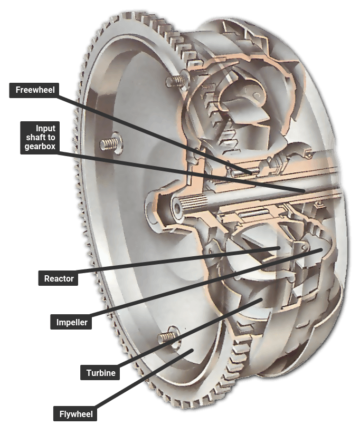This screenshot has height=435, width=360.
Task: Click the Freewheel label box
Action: click(34, 90)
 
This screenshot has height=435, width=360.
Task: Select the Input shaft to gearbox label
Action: click(40, 138)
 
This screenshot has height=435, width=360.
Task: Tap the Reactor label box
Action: click(58, 278)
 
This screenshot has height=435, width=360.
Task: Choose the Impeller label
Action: click(71, 322)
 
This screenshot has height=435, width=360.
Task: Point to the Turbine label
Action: click(100, 373)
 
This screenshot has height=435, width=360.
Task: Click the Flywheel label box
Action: click(75, 414)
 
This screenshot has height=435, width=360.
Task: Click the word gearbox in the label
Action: click(40, 146)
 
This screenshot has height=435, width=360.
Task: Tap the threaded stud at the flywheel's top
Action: click(176, 81)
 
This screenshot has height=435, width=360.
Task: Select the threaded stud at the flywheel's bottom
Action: click(167, 336)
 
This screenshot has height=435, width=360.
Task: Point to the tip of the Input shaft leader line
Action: click(304, 191)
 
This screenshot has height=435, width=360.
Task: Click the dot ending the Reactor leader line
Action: click(278, 248)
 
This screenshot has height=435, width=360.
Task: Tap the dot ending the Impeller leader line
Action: click(321, 250)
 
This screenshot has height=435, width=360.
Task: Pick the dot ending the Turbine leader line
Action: click(261, 299)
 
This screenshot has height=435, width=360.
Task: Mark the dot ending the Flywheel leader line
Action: click(191, 351)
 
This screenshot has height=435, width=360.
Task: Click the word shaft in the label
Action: click(35, 137)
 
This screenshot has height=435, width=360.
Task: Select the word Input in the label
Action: click(45, 129)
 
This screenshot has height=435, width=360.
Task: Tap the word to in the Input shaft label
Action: click(51, 137)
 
